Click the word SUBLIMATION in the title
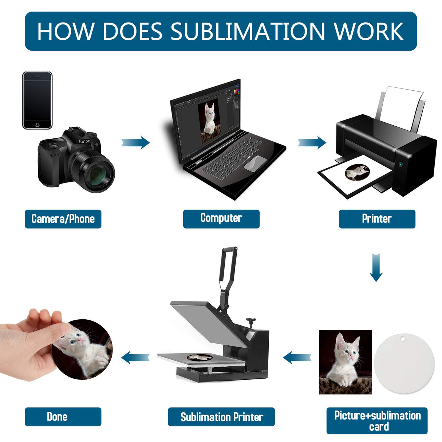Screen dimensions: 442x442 [x=248, y=31]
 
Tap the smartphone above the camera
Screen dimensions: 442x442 [x=37, y=100]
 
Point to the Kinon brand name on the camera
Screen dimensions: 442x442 [x=85, y=141]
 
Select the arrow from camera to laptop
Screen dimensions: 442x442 [x=135, y=142]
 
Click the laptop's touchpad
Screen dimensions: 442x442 [x=254, y=163]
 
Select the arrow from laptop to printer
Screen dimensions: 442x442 [x=312, y=142]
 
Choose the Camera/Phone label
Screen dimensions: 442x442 [x=63, y=219]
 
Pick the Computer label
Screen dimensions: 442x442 [x=221, y=218]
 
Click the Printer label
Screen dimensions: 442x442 [x=377, y=219]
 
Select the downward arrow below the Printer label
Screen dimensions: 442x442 [x=376, y=268]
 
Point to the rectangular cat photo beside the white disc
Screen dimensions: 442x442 [x=345, y=362]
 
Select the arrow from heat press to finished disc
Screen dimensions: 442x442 [x=135, y=358]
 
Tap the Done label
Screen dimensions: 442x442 [x=57, y=417]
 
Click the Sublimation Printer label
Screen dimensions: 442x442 [x=221, y=417]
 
